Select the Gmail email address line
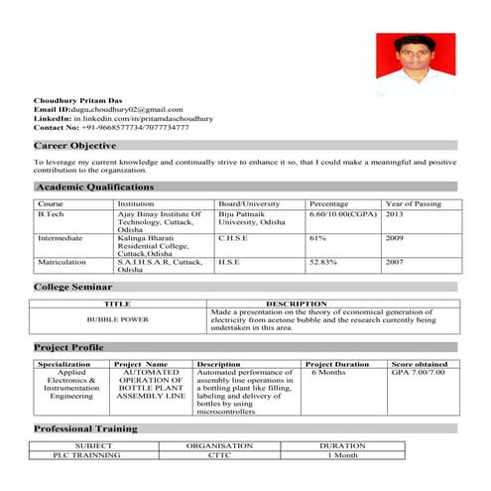[x=108, y=108]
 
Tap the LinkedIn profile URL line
[x=123, y=118]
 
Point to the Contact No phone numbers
[x=111, y=128]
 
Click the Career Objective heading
[x=75, y=146]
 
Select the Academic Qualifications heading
[x=95, y=186]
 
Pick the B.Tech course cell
[x=51, y=214]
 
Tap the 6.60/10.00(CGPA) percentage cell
[x=343, y=214]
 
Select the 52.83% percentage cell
[x=325, y=262]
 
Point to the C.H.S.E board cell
[x=233, y=239]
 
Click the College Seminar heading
[x=78, y=287]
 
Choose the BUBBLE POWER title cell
[x=118, y=319]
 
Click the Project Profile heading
[x=69, y=347]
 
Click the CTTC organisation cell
[x=219, y=454]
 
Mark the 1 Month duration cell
[x=342, y=454]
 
